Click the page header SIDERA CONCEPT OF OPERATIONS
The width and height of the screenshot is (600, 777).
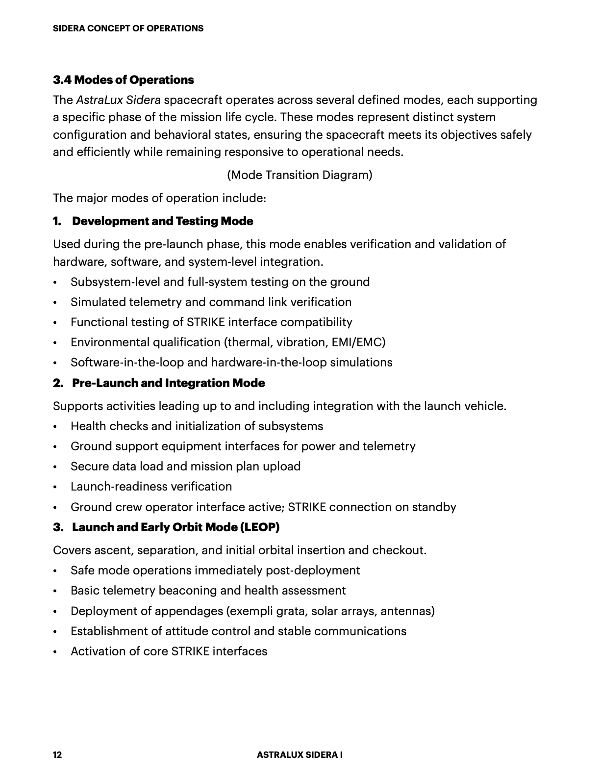128,28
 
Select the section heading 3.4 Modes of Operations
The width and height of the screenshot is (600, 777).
123,80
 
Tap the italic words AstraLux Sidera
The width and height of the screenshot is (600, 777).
118,100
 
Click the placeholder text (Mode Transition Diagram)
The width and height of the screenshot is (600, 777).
300,175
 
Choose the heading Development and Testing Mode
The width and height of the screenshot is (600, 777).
162,221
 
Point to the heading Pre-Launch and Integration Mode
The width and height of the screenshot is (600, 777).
168,383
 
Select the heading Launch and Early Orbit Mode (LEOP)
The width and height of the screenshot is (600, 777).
175,527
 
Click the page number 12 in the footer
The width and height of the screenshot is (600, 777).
57,755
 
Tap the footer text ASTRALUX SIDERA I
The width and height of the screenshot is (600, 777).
300,755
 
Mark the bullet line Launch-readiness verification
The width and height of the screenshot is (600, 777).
151,487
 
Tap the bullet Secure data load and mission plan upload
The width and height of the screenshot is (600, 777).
185,466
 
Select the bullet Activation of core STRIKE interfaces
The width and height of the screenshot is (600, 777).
169,651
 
